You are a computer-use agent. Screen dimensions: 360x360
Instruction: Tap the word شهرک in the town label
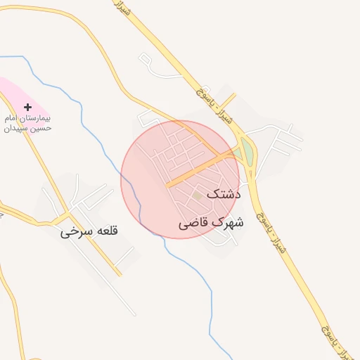click(x=230, y=223)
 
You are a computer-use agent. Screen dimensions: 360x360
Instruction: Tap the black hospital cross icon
click(x=27, y=107)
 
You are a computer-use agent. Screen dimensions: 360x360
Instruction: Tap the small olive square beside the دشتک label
click(x=198, y=195)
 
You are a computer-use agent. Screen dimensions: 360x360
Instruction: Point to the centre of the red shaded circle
click(x=180, y=179)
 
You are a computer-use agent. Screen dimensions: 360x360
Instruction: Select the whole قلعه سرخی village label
click(x=89, y=231)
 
